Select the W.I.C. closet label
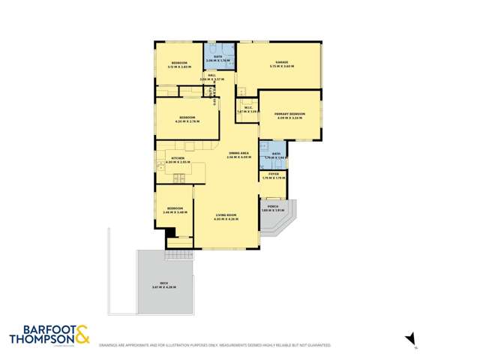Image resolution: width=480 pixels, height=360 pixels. tap(247, 109)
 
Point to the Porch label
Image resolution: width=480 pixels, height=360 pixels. tap(271, 208)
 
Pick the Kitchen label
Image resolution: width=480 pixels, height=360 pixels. tap(178, 160)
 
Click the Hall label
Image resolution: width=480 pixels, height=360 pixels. tap(212, 76)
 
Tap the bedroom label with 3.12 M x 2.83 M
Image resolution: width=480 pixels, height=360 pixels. tap(178, 64)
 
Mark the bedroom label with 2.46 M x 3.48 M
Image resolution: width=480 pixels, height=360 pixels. tap(174, 209)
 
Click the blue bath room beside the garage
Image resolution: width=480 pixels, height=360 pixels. tap(218, 56)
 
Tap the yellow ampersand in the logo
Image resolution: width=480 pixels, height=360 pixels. tap(82, 334)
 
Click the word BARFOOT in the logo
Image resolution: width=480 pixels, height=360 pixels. tap(40, 329)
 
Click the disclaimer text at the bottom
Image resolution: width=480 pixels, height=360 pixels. tap(214, 345)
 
